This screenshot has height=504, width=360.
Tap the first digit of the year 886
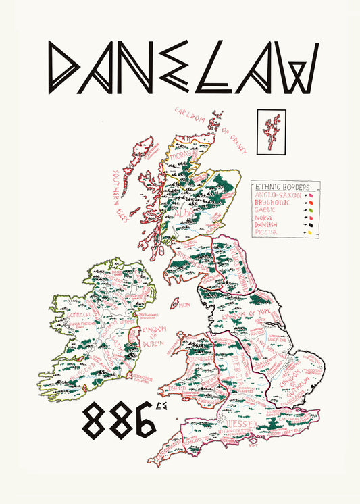(96, 422)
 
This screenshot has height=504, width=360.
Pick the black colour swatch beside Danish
(311, 224)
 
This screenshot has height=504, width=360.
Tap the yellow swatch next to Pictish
(310, 232)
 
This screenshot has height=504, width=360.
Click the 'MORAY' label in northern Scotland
(180, 157)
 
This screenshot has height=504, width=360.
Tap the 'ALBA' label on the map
(184, 215)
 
